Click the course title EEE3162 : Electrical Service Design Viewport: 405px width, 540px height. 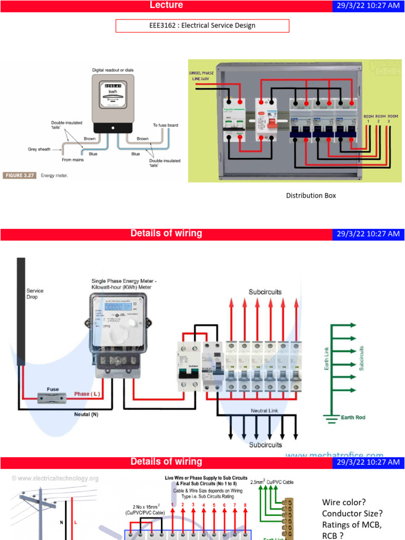click(x=202, y=25)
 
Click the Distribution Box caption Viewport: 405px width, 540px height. click(x=311, y=196)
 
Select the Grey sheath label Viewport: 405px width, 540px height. click(x=39, y=149)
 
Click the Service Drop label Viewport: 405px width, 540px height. click(x=35, y=294)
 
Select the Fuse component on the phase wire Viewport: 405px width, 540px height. click(x=53, y=397)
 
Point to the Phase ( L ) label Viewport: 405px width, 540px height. click(x=87, y=394)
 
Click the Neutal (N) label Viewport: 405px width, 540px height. click(x=86, y=414)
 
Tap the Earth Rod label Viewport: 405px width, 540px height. click(x=353, y=418)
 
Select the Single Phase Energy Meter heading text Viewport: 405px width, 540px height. click(x=124, y=284)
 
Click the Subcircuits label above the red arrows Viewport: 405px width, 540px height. click(x=265, y=292)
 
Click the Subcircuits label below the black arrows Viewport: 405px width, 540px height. click(x=265, y=445)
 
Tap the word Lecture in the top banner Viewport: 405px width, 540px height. click(x=166, y=5)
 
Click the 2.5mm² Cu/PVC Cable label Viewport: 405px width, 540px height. click(x=272, y=481)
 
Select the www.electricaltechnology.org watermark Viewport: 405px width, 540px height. click(x=55, y=478)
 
